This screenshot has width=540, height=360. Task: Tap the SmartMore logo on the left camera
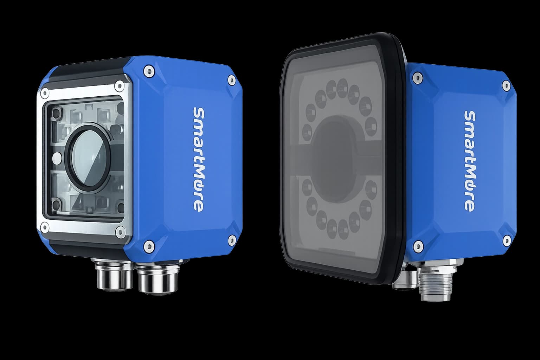199,160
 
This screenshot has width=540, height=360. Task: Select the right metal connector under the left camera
157,277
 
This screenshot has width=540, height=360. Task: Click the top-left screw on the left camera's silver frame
45,93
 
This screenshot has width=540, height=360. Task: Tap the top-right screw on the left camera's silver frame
119,85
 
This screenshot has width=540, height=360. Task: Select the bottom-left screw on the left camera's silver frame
45,227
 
